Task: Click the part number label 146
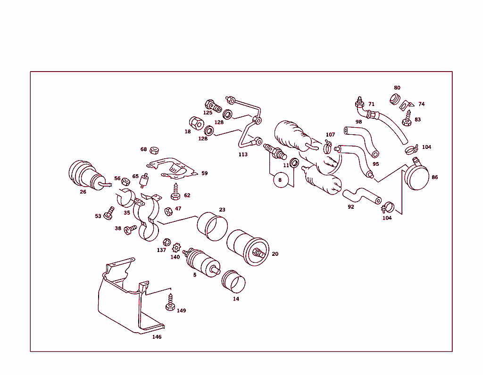click(157, 337)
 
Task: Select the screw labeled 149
click(170, 302)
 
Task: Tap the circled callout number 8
click(280, 180)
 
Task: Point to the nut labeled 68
click(153, 150)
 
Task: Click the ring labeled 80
click(395, 99)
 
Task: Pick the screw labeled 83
click(407, 118)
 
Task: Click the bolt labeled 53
click(108, 213)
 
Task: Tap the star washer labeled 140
click(177, 247)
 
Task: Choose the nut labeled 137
click(167, 242)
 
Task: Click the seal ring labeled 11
click(294, 163)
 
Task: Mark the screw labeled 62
click(176, 191)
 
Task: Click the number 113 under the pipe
click(243, 154)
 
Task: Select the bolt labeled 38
click(129, 229)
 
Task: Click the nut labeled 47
click(168, 210)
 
